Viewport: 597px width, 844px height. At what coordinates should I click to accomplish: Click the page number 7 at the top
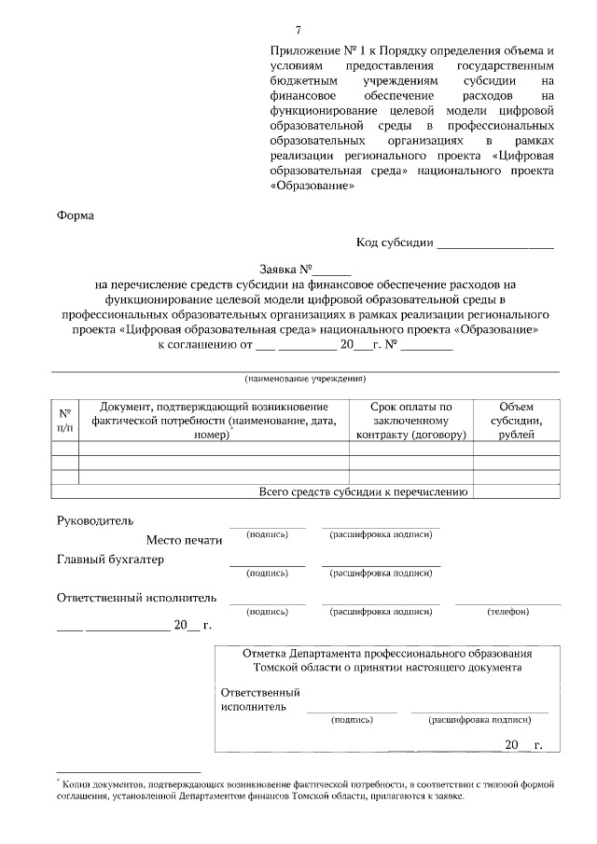[298, 30]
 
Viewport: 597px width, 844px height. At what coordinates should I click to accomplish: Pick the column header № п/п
[64, 420]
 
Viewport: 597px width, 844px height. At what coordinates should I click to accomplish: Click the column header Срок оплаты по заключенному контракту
[410, 421]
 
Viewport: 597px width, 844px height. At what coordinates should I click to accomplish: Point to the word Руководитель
[96, 519]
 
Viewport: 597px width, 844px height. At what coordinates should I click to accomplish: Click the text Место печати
[184, 540]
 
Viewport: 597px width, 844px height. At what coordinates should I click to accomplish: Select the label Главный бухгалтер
[110, 560]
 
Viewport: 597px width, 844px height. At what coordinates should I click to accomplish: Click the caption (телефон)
[507, 612]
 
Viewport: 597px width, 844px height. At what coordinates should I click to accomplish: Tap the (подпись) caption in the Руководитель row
[267, 534]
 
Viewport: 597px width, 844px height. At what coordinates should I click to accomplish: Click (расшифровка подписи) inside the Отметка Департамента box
[479, 720]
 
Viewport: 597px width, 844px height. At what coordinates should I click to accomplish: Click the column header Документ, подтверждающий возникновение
[214, 408]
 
